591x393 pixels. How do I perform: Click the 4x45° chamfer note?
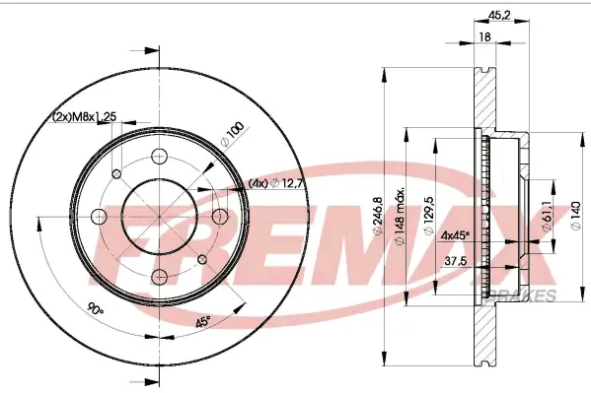(x=455, y=234)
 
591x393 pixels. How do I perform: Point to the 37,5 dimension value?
(x=455, y=262)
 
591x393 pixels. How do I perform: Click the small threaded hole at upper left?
(x=114, y=172)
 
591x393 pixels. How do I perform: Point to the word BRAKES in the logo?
(x=533, y=295)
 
